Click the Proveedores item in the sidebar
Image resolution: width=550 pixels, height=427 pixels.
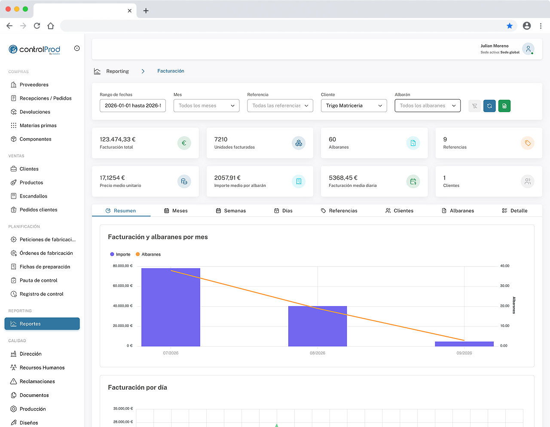point(34,85)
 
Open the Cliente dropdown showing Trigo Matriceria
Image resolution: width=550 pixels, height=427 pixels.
point(354,106)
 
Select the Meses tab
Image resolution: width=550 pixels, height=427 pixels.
point(176,210)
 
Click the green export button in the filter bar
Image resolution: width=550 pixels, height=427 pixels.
point(504,106)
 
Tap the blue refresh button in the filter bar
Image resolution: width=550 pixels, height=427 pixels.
point(489,106)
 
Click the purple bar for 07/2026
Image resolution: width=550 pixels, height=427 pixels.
point(171,307)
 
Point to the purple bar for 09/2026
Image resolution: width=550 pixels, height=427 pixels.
point(464,344)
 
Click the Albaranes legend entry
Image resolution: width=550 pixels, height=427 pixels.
point(148,254)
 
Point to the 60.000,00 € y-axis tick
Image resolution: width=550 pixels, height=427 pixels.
point(123,286)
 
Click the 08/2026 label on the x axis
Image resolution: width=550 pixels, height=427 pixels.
point(318,353)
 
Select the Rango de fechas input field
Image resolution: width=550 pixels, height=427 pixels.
point(133,106)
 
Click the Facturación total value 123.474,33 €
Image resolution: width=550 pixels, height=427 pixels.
point(117,139)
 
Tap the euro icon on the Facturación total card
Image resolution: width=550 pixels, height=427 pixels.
point(184,143)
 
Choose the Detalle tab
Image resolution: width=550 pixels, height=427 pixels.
point(515,210)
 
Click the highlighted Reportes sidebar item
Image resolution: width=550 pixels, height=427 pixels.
point(42,323)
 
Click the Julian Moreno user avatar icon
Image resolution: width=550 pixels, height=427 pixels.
point(528,49)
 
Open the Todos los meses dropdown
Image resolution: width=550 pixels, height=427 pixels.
point(206,106)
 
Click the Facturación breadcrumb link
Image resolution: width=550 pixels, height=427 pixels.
point(171,71)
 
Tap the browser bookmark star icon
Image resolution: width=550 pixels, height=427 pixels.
point(510,25)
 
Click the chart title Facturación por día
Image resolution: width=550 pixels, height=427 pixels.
point(137,387)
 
